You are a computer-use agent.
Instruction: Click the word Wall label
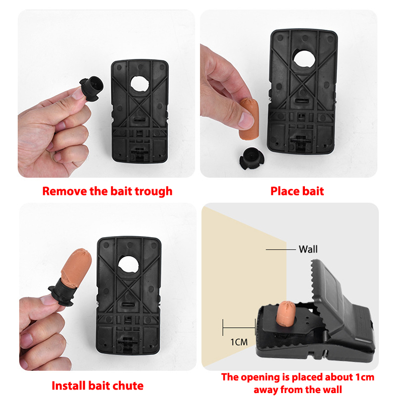308,249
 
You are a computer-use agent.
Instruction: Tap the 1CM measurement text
239,342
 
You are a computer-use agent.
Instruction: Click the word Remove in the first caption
65,191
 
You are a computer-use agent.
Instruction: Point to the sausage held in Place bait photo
249,119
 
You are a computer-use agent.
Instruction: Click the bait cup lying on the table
251,158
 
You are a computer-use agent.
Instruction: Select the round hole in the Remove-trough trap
140,84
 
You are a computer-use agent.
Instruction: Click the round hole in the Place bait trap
304,59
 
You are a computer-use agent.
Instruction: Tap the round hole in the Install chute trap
128,265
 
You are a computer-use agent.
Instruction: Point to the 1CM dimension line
239,328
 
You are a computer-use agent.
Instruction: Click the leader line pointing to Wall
281,249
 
